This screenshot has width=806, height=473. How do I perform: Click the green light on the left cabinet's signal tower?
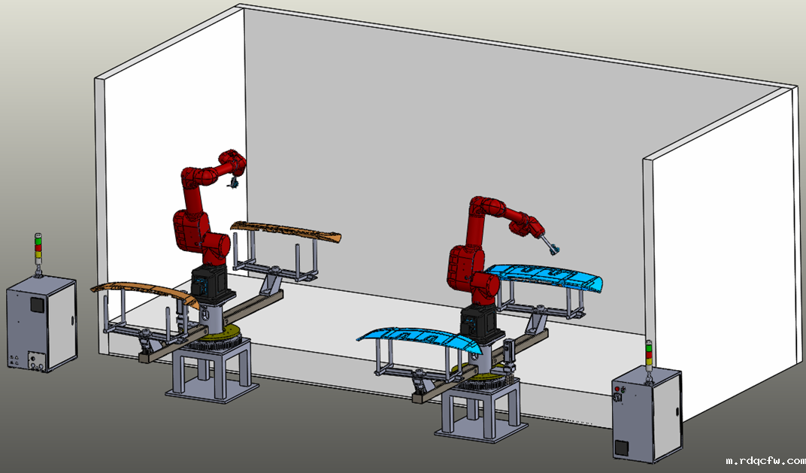38,240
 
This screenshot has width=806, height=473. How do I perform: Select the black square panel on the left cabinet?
37,305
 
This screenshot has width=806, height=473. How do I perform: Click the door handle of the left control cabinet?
71,321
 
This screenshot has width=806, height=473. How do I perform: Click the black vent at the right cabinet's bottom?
622,447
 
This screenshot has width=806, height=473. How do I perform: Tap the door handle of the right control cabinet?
677,413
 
